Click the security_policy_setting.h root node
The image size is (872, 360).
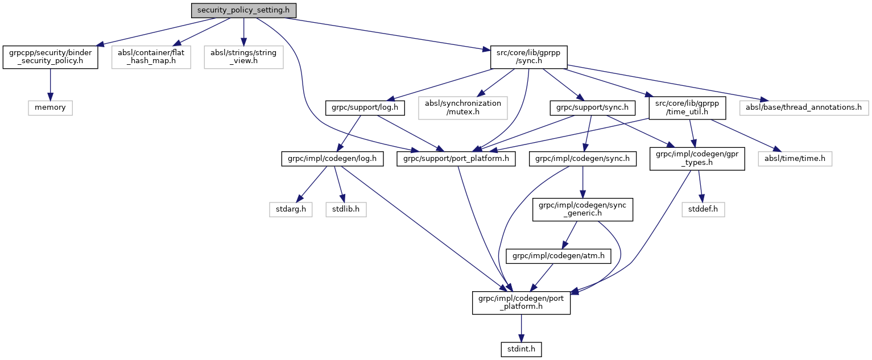(243, 10)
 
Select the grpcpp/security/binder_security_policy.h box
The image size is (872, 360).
(50, 57)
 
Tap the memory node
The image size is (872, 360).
(50, 107)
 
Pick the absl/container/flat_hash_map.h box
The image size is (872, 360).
(151, 57)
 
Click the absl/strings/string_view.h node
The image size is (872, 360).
(243, 57)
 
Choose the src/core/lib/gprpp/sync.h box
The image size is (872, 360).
(528, 57)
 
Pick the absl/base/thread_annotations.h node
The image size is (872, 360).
(804, 107)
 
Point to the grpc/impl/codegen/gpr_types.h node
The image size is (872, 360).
(697, 159)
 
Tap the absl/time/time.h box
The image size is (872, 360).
(795, 159)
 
